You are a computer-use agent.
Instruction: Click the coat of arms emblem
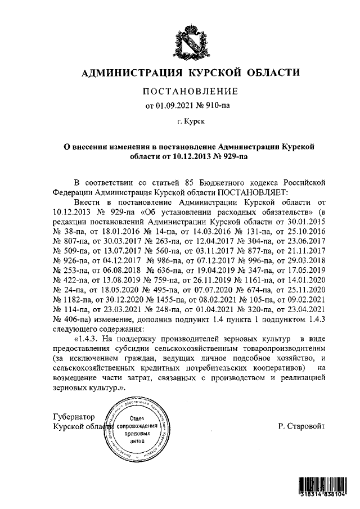click(190, 42)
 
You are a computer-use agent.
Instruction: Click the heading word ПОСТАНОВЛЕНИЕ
click(190, 92)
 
